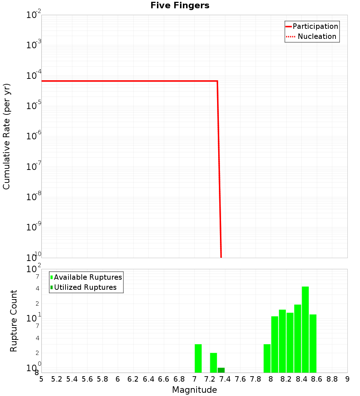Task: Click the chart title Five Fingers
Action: [180, 5]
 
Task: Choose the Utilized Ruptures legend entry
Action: [85, 287]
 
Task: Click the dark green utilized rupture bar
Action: [221, 370]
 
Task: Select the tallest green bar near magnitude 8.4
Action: [305, 329]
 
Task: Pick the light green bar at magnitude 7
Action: [198, 358]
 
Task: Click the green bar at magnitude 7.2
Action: [213, 363]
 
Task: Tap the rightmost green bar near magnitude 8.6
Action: [313, 343]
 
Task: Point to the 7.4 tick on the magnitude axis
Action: [225, 379]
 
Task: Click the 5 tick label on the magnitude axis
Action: [41, 379]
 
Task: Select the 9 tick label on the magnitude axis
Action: [347, 379]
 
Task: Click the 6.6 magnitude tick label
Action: [164, 379]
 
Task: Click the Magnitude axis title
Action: [194, 390]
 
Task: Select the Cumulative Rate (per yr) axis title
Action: [6, 136]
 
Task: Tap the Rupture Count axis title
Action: [14, 321]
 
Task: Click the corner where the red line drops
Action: [217, 81]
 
